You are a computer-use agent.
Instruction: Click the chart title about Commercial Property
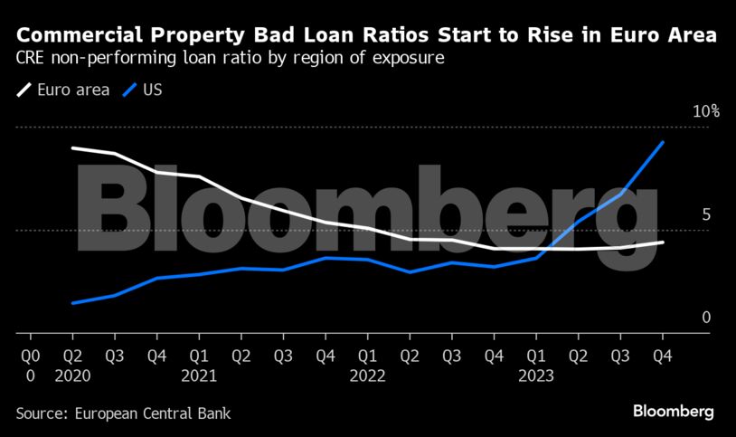(367, 37)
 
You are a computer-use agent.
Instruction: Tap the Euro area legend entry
(63, 90)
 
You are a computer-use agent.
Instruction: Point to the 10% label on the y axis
(705, 111)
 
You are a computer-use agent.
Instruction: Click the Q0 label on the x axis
(31, 355)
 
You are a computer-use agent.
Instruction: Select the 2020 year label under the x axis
(73, 375)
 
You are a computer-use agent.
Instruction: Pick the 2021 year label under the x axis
(199, 375)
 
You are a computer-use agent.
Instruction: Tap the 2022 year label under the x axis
(368, 375)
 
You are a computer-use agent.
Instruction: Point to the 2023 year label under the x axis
(536, 375)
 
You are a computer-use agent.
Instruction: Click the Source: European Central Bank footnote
(123, 413)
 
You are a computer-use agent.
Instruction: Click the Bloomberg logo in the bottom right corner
(673, 412)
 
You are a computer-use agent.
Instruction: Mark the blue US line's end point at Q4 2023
(663, 143)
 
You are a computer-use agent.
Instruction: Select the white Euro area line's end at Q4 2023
(663, 242)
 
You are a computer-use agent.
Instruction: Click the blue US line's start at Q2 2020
(73, 303)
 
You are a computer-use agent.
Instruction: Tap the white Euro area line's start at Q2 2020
(73, 147)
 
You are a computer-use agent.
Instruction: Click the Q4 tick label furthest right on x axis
(662, 355)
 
